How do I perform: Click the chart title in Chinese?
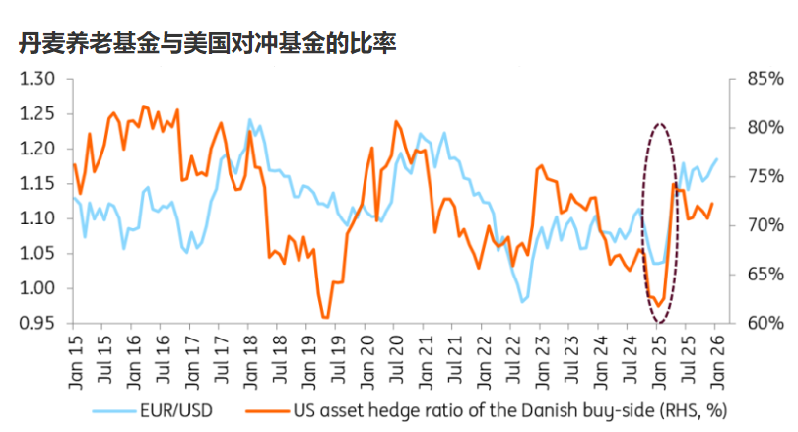point(207,43)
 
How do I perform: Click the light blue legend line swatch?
point(115,407)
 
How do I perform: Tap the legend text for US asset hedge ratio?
point(512,407)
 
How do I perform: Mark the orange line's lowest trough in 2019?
point(324,317)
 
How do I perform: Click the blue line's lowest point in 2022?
point(523,301)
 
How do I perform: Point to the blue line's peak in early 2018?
point(249,120)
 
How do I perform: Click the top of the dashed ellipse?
point(660,125)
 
